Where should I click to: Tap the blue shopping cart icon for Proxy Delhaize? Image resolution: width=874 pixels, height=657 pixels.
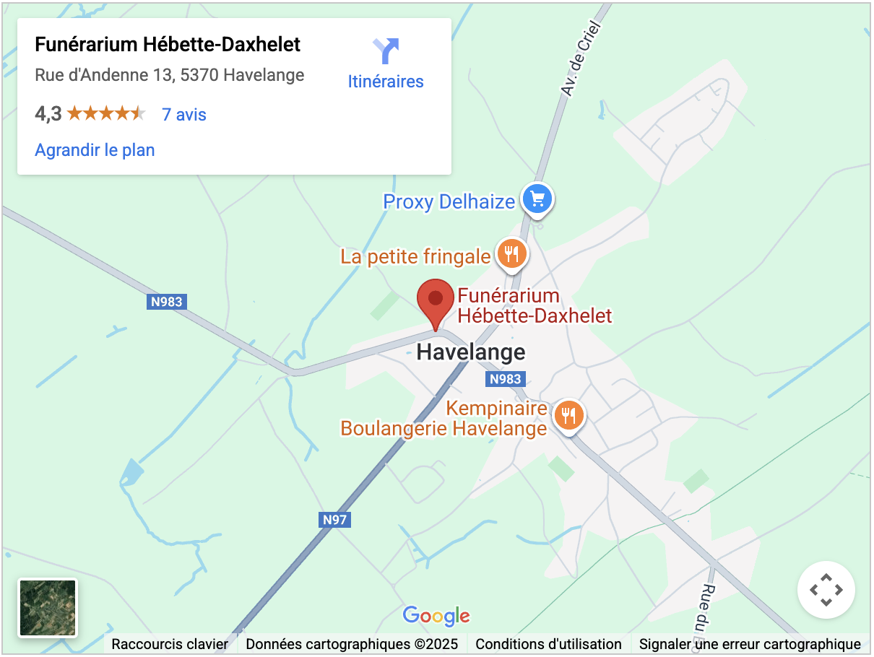[x=537, y=198]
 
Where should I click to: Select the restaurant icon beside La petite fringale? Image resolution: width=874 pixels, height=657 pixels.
[x=512, y=253]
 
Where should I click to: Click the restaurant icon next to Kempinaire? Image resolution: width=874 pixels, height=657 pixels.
[x=569, y=415]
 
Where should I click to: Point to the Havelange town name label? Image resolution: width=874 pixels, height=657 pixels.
[x=471, y=352]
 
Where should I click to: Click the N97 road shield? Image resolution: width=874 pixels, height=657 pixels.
[x=335, y=519]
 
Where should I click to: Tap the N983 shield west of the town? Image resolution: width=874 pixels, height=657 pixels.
[x=167, y=302]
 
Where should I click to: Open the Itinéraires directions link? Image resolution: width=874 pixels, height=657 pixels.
[x=386, y=82]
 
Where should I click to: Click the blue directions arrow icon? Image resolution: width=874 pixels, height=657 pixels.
[x=386, y=51]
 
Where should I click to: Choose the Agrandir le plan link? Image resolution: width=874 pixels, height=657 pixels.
[x=95, y=150]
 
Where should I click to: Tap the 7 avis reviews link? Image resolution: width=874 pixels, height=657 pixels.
[x=184, y=115]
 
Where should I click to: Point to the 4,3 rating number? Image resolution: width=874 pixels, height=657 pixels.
[x=48, y=114]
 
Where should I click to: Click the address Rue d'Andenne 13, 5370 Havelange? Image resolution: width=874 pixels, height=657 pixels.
[x=169, y=75]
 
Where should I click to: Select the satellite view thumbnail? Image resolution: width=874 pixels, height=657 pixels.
[x=48, y=608]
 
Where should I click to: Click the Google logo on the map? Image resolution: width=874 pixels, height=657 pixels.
[x=436, y=616]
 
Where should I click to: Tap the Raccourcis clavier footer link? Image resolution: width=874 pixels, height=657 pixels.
[x=170, y=644]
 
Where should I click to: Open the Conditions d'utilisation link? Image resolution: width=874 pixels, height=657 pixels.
[x=548, y=644]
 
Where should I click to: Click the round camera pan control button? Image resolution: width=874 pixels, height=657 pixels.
[x=826, y=590]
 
